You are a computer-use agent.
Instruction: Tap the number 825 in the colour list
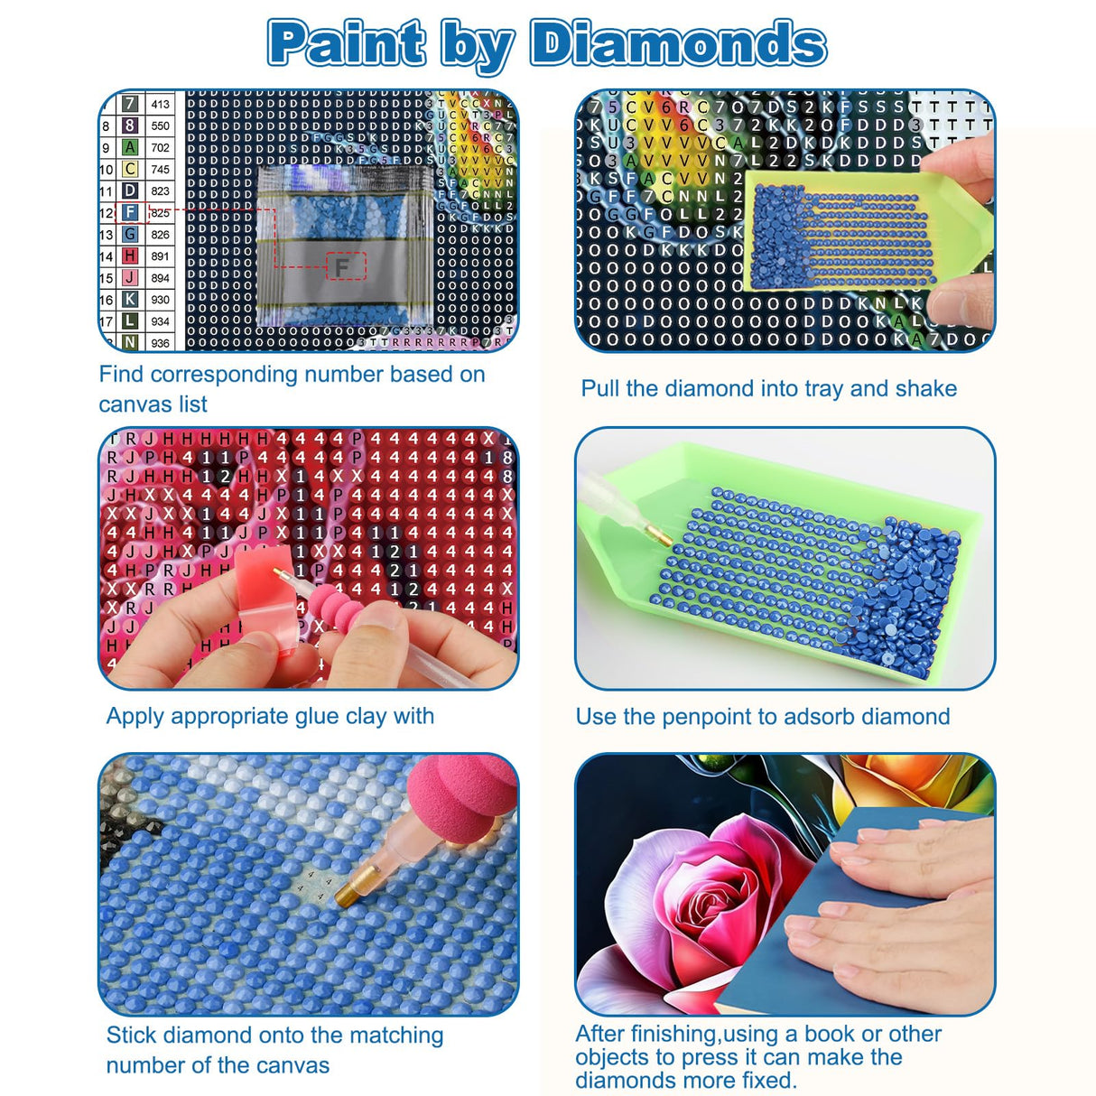click(160, 213)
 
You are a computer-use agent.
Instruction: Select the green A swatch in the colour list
click(130, 147)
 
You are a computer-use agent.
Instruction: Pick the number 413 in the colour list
click(160, 105)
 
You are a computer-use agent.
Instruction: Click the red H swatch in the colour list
click(130, 256)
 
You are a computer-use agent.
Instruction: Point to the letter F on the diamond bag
click(342, 267)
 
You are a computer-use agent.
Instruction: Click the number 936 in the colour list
click(160, 343)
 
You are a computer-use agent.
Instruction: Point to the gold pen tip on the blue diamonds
click(348, 895)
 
